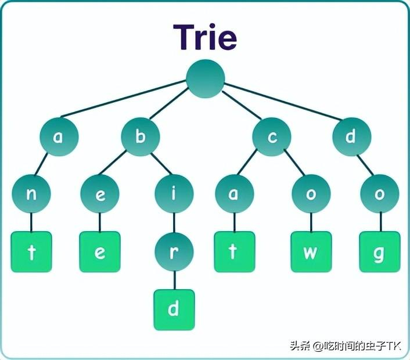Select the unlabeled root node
(205, 79)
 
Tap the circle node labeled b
(140, 137)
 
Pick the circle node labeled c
(271, 138)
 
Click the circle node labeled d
(351, 137)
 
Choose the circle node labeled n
(31, 194)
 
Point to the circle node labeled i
(174, 194)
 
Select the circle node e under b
(99, 194)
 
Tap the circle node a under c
(234, 194)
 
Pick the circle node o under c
(311, 194)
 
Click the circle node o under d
(379, 194)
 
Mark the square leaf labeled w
(311, 251)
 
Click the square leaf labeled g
(379, 251)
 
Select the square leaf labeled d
(174, 309)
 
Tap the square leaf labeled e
(99, 251)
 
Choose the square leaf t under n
(31, 251)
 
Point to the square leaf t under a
(234, 251)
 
